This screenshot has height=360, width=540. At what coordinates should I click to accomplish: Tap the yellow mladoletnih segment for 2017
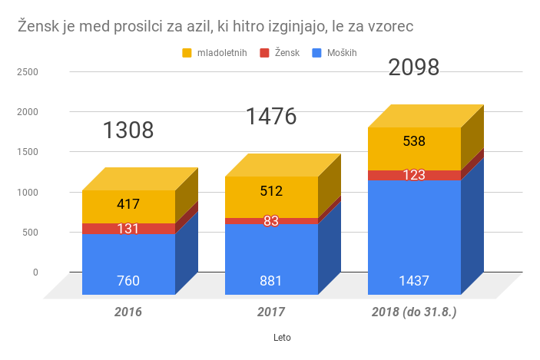[x=271, y=197]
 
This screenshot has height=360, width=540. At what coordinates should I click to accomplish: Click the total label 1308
[x=128, y=130]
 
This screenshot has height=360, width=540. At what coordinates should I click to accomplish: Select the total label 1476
[x=271, y=117]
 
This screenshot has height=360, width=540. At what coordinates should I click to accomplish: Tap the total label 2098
[x=414, y=68]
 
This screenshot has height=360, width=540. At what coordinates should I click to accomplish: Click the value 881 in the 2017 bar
[x=271, y=281]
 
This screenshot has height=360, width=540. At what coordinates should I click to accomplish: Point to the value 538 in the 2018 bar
[x=414, y=141]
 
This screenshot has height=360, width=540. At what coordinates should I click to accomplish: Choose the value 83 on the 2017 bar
[x=271, y=221]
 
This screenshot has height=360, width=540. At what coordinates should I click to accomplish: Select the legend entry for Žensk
[x=286, y=52]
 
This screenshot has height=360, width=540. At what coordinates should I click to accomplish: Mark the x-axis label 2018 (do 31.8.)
[x=414, y=312]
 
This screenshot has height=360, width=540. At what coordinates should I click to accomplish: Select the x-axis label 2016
[x=128, y=312]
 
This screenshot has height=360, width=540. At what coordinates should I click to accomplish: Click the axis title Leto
[x=283, y=337]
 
